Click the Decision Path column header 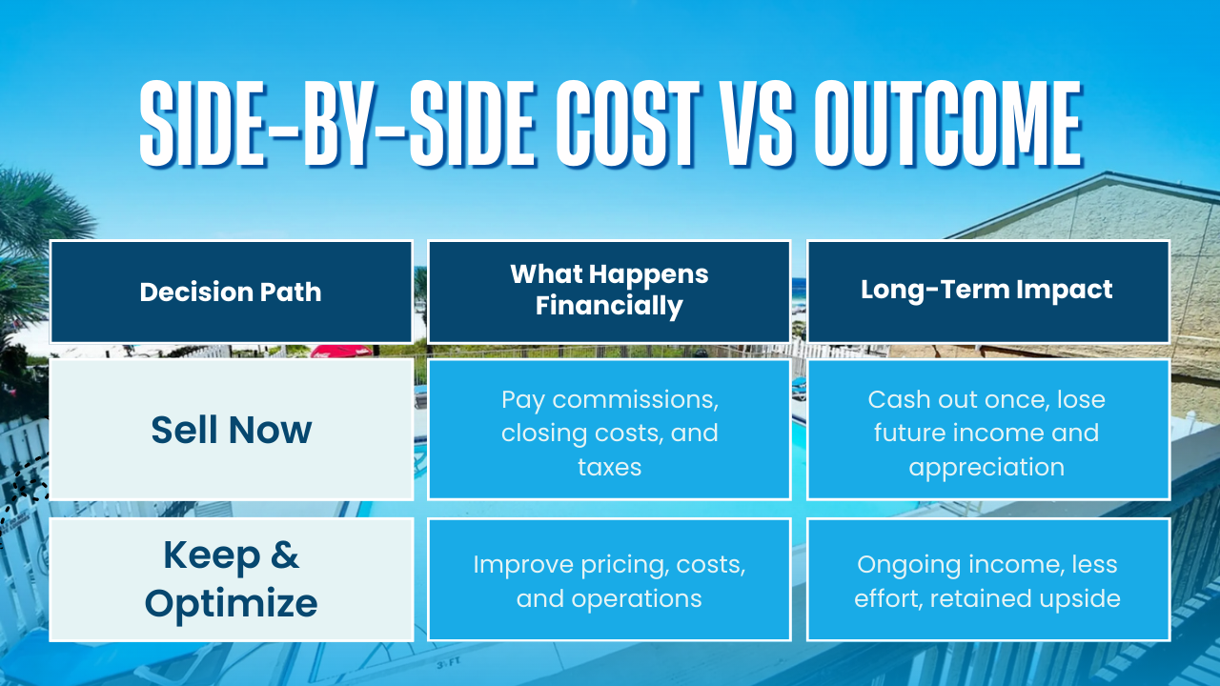[231, 292]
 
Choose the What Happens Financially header [609, 291]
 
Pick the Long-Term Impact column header [986, 291]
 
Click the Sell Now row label [231, 430]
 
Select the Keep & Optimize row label [231, 579]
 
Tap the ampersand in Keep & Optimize [279, 555]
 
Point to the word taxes [609, 467]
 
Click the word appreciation [986, 467]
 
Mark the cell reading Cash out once [987, 430]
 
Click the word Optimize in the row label [231, 604]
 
